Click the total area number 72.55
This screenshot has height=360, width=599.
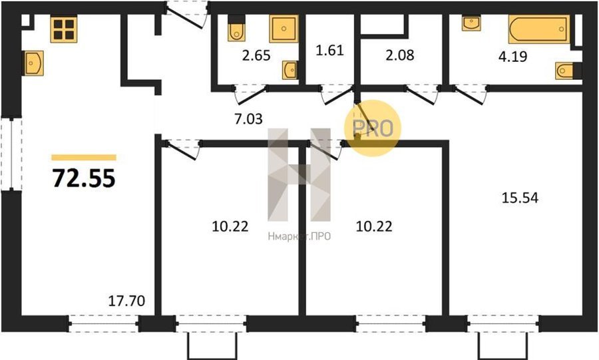point(84,178)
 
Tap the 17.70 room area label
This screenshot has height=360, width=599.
point(126,301)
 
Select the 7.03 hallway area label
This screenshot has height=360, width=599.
point(248,119)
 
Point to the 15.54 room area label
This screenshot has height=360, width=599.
point(520,198)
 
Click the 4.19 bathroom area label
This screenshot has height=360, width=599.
point(512,57)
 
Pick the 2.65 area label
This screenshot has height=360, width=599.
point(256,55)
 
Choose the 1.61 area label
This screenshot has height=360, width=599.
point(329,50)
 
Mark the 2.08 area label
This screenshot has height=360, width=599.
point(399,55)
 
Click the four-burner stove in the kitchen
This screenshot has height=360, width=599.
point(64,29)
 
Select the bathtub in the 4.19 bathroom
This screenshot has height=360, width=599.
point(539,29)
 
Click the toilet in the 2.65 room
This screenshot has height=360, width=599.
point(236,29)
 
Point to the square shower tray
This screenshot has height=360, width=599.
point(284,29)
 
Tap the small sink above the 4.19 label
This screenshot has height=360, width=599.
point(471,23)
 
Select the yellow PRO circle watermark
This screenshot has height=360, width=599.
point(373,128)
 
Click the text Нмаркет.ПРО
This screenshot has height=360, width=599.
point(299,237)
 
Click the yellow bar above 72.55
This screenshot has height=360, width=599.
point(84,157)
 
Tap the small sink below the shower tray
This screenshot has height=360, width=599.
point(290,70)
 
